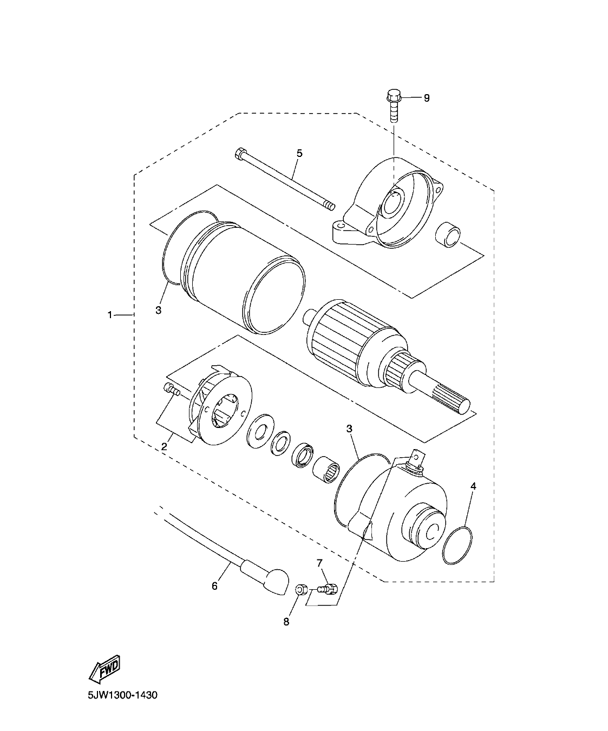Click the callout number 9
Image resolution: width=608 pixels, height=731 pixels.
(426, 98)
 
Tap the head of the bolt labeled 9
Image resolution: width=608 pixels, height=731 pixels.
(393, 98)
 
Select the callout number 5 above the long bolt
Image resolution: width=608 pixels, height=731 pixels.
(299, 153)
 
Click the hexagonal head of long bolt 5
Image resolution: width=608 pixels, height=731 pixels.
(240, 155)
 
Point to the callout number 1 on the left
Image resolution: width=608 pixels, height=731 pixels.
(110, 314)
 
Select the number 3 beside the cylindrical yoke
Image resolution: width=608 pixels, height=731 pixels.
(159, 310)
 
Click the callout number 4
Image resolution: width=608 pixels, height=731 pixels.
(473, 486)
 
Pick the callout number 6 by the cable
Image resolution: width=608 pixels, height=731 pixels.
(214, 586)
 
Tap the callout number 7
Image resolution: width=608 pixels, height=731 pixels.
(319, 563)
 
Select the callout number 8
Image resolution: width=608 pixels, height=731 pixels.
(286, 622)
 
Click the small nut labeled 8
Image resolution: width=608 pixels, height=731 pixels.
(302, 589)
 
